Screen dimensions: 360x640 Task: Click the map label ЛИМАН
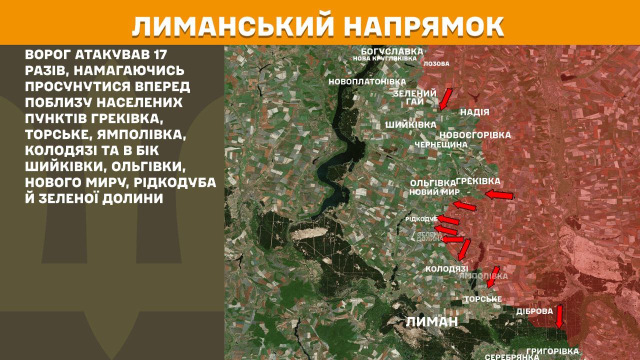[x=432, y=321]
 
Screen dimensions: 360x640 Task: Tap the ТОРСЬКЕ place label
[x=482, y=299]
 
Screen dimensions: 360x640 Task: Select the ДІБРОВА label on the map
[x=534, y=311]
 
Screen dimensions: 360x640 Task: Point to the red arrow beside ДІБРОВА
[x=559, y=316]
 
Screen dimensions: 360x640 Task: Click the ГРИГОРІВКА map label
[x=552, y=351]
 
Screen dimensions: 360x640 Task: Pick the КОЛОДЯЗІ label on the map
[x=446, y=269]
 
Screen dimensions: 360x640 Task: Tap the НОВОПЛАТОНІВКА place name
[x=360, y=81]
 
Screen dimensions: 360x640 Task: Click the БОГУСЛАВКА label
[x=392, y=51]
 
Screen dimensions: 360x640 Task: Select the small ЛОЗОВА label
[x=436, y=64]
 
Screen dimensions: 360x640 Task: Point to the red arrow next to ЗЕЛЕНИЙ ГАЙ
[x=445, y=98]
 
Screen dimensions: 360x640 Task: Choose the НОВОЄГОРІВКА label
[x=475, y=135]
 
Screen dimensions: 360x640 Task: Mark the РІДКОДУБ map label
[x=421, y=219]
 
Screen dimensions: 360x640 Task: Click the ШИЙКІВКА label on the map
[x=410, y=124]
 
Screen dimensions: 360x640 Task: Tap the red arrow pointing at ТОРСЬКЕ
[x=493, y=276]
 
